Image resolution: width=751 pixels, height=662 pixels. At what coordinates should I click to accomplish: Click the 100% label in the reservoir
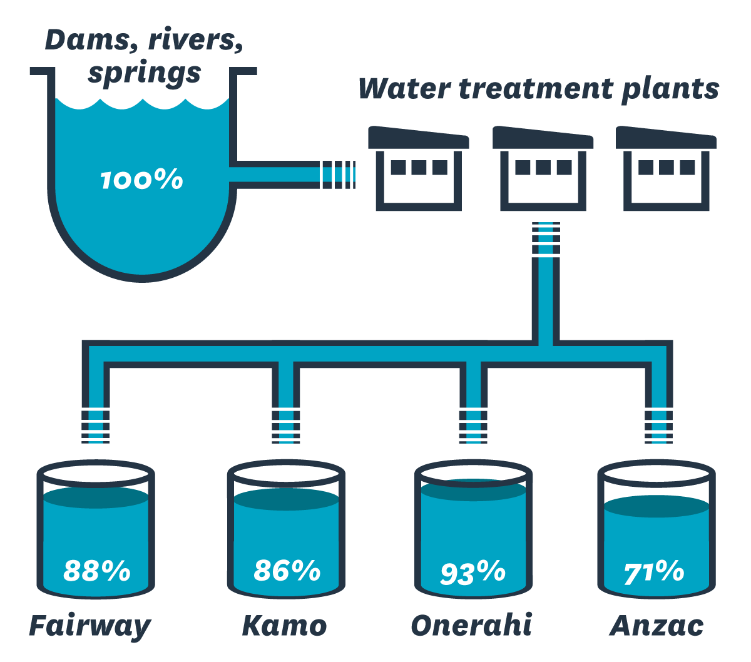click(141, 180)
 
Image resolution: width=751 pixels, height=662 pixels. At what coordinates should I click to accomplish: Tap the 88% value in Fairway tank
click(97, 571)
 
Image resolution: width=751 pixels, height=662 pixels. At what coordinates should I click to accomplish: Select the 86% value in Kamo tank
click(287, 571)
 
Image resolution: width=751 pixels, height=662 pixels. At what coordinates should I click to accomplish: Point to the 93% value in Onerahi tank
click(473, 572)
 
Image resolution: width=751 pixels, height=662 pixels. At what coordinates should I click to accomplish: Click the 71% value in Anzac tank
click(654, 572)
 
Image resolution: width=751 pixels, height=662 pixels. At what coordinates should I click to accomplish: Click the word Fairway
click(90, 626)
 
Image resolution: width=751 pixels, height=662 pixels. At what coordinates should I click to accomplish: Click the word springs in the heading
click(144, 74)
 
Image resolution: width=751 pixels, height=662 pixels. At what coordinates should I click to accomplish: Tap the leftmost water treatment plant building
click(419, 169)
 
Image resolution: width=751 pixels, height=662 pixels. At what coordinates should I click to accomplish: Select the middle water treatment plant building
click(543, 169)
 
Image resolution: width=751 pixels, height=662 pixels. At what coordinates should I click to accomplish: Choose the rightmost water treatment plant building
click(667, 169)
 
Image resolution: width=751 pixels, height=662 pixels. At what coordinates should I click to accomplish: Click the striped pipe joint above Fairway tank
click(96, 425)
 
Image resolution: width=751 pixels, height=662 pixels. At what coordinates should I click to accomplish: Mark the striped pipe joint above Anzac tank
click(658, 425)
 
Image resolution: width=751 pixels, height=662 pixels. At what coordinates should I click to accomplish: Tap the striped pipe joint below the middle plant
click(546, 238)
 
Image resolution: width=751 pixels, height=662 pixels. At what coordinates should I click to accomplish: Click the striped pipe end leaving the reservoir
click(338, 175)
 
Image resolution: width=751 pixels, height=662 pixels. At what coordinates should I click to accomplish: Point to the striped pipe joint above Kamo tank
click(286, 425)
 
